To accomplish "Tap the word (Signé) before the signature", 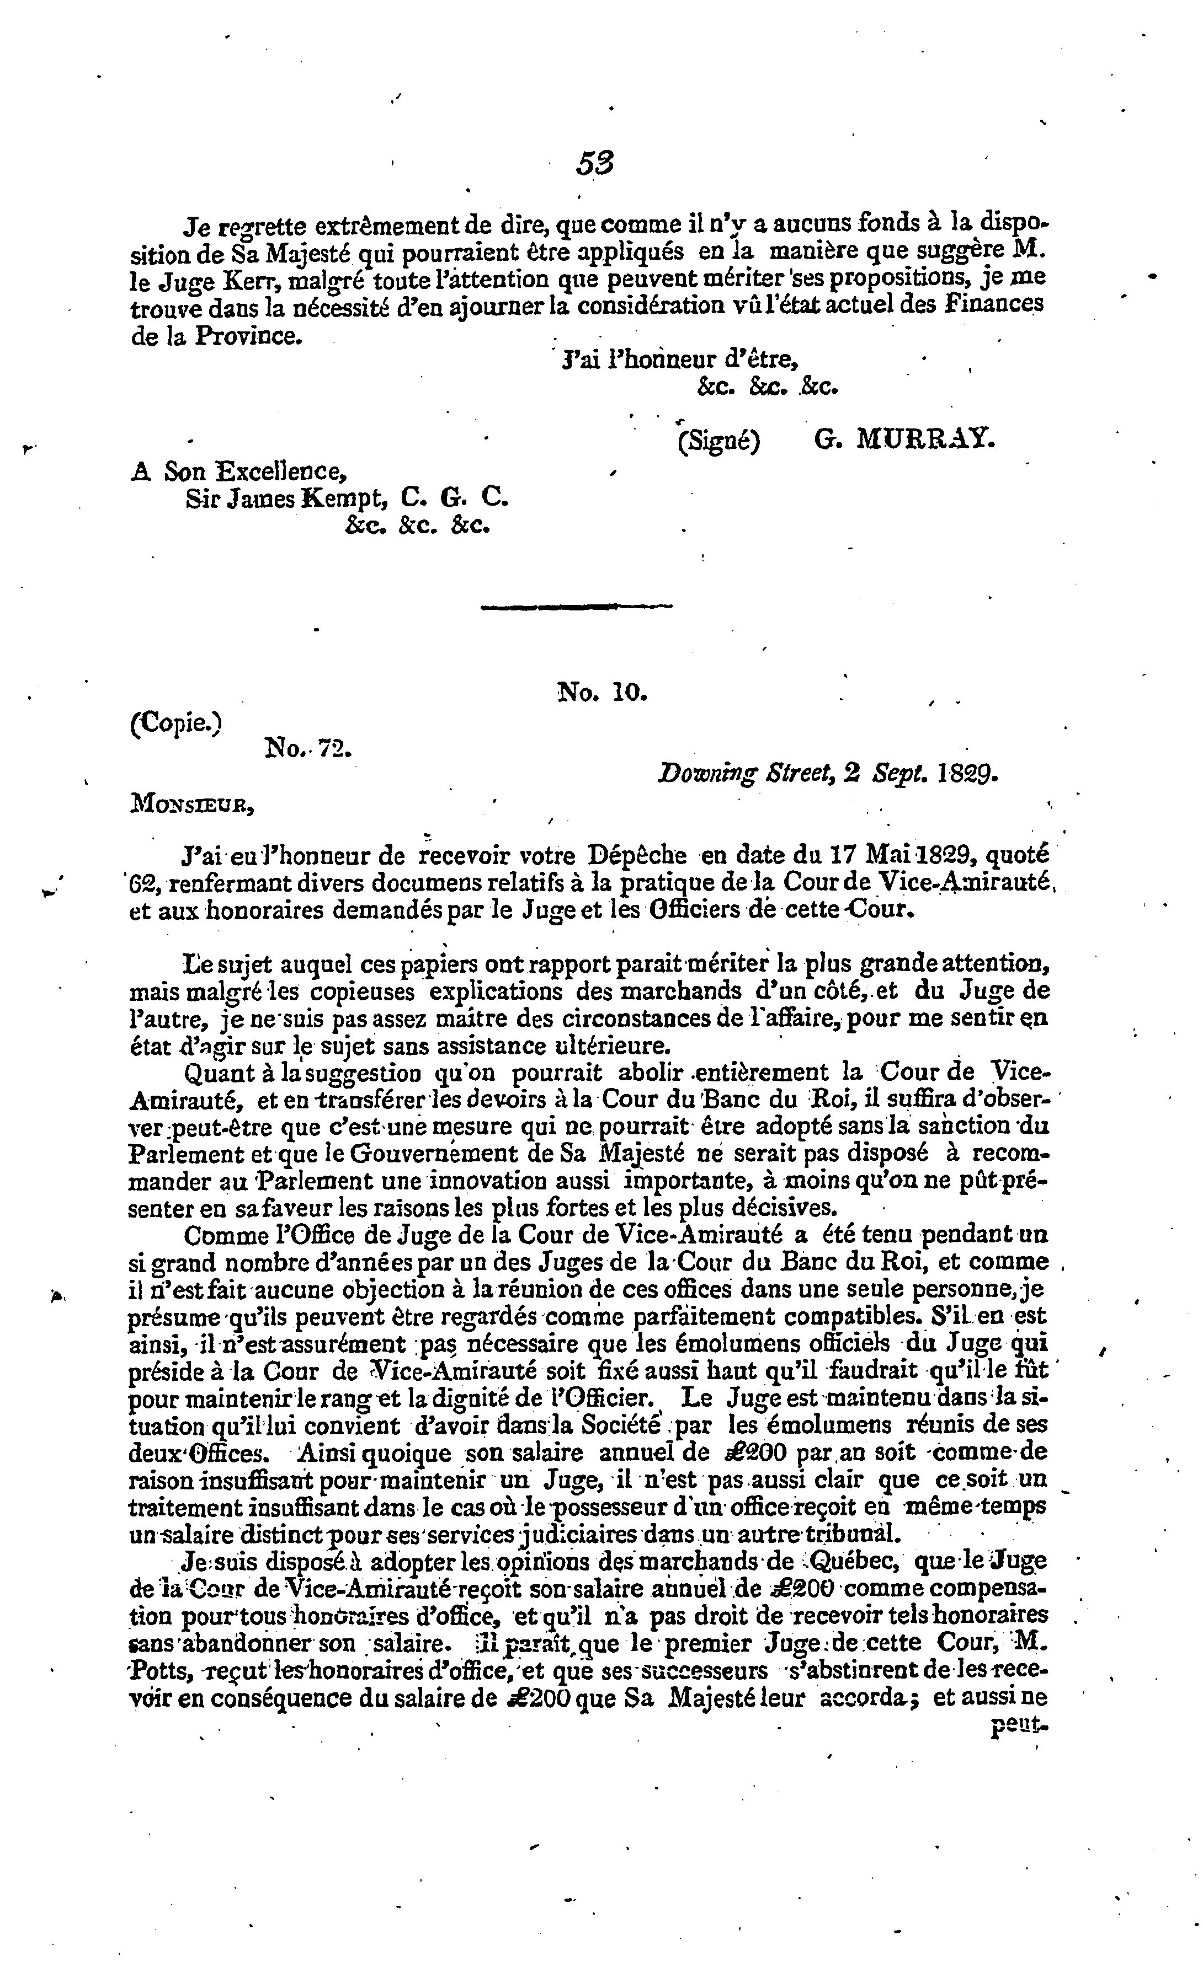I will [718, 441].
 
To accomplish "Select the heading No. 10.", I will [602, 692].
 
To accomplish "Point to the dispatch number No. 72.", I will [307, 748].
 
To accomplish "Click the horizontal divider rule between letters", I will [577, 608].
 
